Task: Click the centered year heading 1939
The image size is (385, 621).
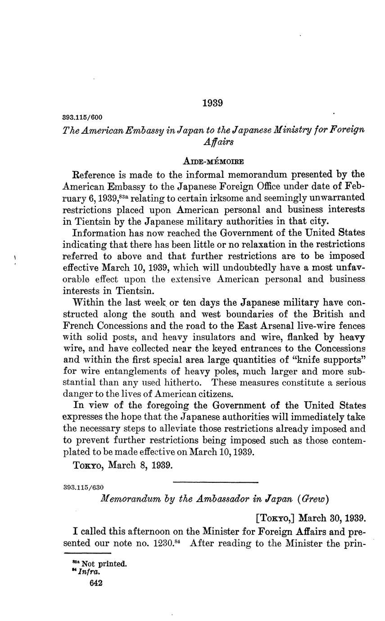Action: tap(213, 103)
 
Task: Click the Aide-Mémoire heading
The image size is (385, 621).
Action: tap(213, 161)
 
